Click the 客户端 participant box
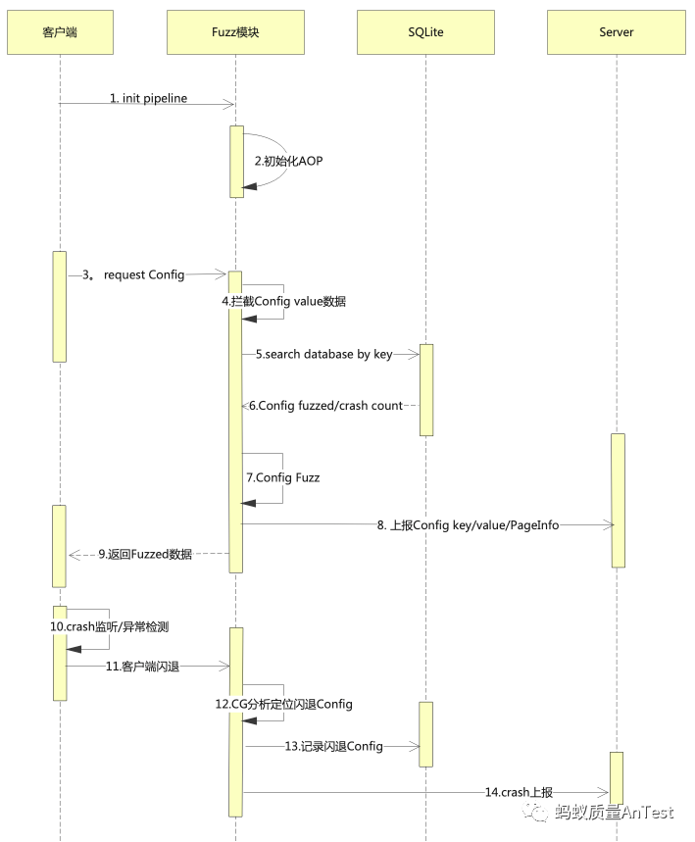pos(60,32)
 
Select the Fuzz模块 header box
pos(235,32)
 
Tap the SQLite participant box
pos(425,32)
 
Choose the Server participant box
pos(616,32)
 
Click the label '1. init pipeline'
pos(148,99)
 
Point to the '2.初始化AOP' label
pos(288,161)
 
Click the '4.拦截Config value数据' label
pos(284,302)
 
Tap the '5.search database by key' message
pos(324,354)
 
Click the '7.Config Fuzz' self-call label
pos(283,477)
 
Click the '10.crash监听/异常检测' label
pos(118,625)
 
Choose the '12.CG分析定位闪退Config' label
pos(284,704)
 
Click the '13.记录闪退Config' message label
pos(333,747)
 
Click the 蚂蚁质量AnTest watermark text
pos(613,813)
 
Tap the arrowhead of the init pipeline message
pos(229,104)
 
